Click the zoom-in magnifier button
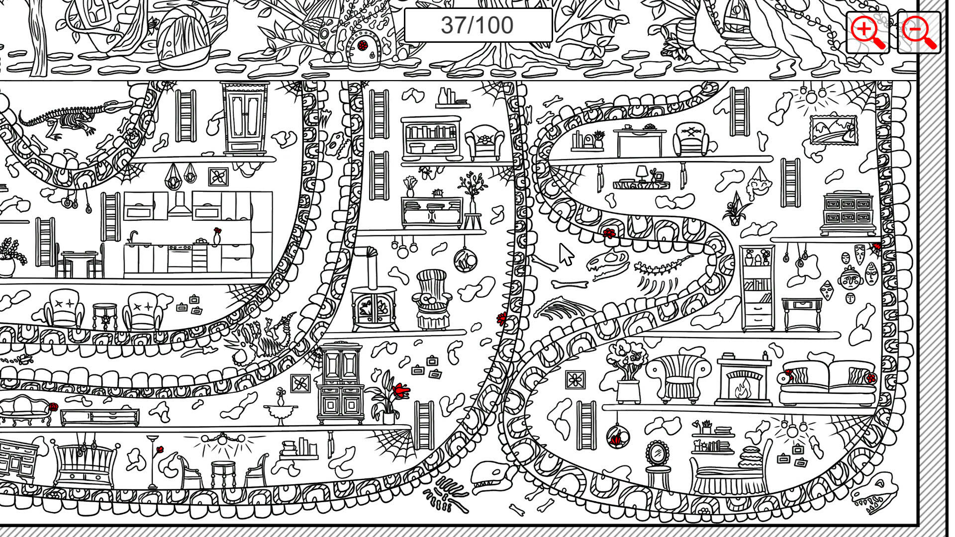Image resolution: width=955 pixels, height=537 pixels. [868, 32]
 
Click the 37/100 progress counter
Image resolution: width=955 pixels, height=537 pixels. [477, 25]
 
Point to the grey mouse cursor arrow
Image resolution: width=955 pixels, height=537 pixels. [566, 254]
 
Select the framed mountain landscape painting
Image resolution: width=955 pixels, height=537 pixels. [833, 130]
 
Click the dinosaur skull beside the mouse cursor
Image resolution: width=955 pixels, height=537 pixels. [607, 264]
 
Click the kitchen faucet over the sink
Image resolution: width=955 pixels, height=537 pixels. [132, 237]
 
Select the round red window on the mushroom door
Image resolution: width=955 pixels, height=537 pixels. [363, 45]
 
